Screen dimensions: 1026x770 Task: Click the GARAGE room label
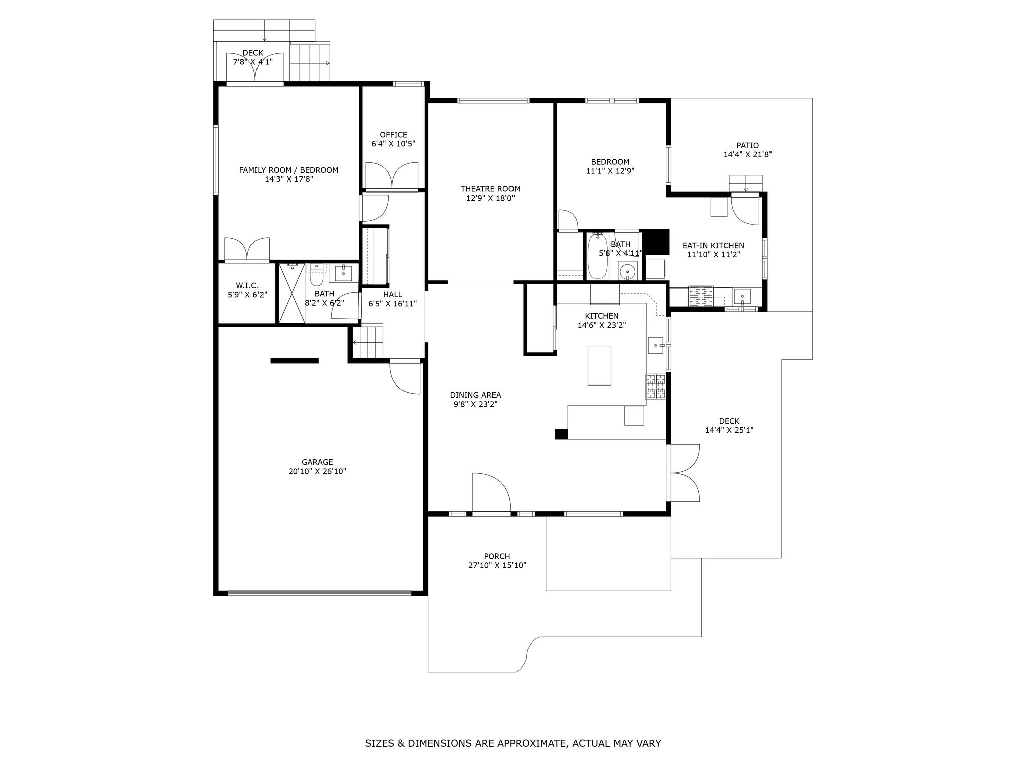point(317,462)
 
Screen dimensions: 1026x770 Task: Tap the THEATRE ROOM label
point(490,189)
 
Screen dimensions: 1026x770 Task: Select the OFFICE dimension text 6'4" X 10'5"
point(393,144)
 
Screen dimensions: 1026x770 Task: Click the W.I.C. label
point(247,286)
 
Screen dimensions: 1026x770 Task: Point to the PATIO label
point(747,146)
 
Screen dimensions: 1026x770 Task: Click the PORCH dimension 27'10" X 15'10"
point(497,565)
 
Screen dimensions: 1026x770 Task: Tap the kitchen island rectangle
point(599,365)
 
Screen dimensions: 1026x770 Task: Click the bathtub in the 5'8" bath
point(597,256)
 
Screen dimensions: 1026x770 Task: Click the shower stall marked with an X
point(292,293)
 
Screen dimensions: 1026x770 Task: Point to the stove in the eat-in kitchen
point(701,296)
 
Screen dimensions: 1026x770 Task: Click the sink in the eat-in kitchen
point(742,297)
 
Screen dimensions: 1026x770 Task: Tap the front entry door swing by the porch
point(491,493)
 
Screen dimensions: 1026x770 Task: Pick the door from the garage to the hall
point(405,378)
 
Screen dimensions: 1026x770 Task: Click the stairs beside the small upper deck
point(310,62)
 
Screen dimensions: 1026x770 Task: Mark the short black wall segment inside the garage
point(294,361)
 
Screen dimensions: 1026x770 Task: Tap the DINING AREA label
point(475,395)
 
